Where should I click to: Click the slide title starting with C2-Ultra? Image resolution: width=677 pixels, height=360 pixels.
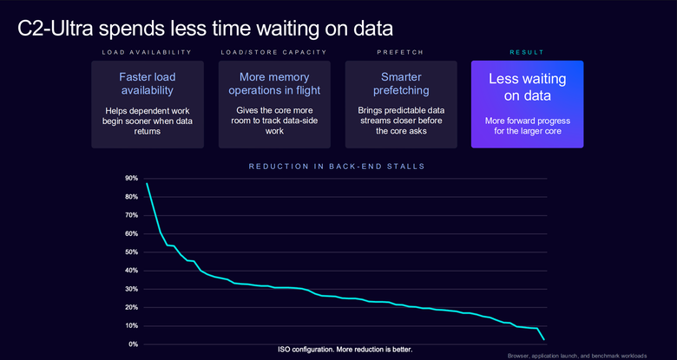[x=205, y=29]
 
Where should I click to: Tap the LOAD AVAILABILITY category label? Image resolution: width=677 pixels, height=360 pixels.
[x=147, y=52]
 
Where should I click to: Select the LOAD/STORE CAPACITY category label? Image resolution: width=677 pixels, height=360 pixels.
[x=273, y=52]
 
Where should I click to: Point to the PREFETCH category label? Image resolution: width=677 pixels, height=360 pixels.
[x=400, y=52]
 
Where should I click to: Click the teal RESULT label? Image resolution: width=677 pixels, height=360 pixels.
[x=527, y=52]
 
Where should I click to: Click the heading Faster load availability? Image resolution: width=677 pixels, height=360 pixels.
[x=148, y=84]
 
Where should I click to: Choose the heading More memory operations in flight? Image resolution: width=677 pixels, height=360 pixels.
[x=274, y=84]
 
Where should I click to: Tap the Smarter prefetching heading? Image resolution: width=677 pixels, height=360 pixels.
[x=401, y=84]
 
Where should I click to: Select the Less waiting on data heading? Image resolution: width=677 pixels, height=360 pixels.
[x=527, y=87]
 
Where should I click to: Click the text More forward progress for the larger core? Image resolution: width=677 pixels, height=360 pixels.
[x=527, y=125]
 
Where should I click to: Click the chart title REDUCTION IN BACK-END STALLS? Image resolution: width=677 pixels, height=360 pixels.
[x=337, y=167]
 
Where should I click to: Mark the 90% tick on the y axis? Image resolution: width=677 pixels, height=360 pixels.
[x=131, y=179]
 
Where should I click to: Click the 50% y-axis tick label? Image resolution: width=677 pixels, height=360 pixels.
[x=131, y=252]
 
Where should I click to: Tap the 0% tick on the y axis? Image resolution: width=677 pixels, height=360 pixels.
[x=133, y=344]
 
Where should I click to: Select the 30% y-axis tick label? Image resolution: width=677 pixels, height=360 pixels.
[x=131, y=289]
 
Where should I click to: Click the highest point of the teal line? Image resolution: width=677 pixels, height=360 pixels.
[x=147, y=183]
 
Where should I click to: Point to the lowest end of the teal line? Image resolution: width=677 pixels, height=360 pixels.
[x=544, y=340]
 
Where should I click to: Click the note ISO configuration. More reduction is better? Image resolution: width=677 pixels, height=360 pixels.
[x=345, y=350]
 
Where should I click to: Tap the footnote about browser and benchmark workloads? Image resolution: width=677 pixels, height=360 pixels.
[x=577, y=357]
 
